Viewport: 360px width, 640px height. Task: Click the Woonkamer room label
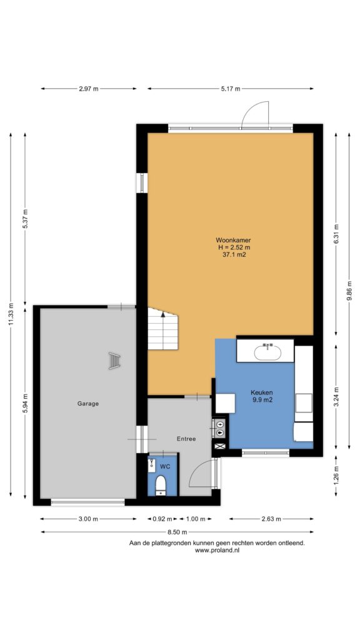[x=234, y=241]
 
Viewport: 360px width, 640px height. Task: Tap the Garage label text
[x=88, y=404]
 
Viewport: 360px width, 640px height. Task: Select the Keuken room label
[x=262, y=392]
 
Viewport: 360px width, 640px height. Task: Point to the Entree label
[x=186, y=439]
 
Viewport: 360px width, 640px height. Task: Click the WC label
[x=165, y=466]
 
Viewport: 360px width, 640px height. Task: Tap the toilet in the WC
[x=161, y=484]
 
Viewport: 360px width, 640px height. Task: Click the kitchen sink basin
[x=267, y=352]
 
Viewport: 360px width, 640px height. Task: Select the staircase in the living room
[x=163, y=329]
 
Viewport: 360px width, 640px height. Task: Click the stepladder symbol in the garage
[x=115, y=361]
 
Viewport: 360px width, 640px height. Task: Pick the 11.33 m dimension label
[x=11, y=315]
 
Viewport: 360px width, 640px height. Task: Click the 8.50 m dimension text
[x=177, y=532]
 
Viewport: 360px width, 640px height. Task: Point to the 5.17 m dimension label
[x=231, y=89]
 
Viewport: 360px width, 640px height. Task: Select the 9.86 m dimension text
[x=349, y=290]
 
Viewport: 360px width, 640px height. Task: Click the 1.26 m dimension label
[x=336, y=476]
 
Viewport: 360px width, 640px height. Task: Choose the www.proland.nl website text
[x=217, y=550]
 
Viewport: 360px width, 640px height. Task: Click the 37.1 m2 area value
[x=234, y=254]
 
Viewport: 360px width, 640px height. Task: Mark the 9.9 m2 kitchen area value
[x=262, y=400]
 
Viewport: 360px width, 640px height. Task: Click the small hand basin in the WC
[x=151, y=465]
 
